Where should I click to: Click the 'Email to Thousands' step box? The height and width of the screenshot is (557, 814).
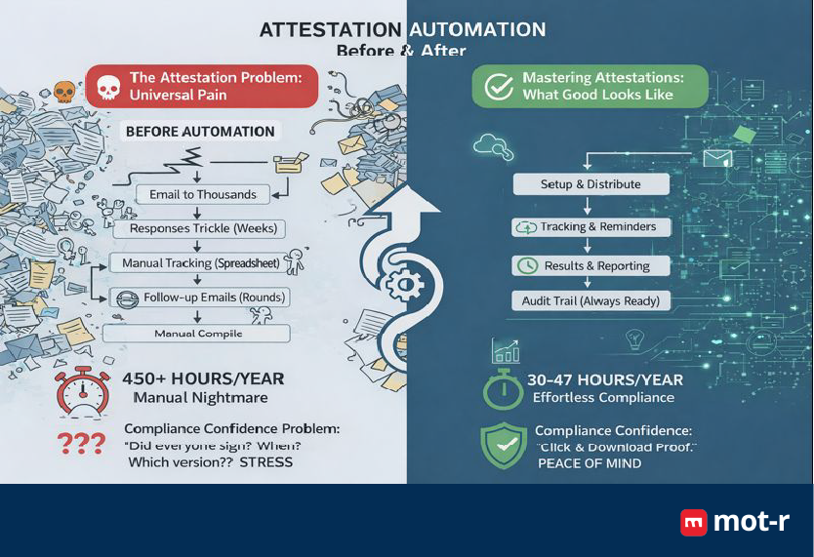pyautogui.click(x=203, y=194)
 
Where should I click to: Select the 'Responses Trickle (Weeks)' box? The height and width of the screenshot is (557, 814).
pyautogui.click(x=203, y=229)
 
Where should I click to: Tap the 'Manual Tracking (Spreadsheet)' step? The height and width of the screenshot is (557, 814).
pyautogui.click(x=201, y=263)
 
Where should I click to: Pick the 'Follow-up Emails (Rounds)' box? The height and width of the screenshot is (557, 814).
pyautogui.click(x=201, y=298)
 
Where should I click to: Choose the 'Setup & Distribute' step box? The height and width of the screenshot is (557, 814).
pyautogui.click(x=590, y=184)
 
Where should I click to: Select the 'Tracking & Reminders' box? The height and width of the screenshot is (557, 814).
pyautogui.click(x=590, y=227)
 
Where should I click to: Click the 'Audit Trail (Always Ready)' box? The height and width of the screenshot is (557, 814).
pyautogui.click(x=591, y=301)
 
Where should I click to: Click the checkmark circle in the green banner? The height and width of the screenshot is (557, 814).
pyautogui.click(x=499, y=87)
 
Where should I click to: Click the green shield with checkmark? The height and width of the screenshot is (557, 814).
pyautogui.click(x=505, y=445)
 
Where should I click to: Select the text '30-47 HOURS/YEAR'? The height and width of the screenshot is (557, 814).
pyautogui.click(x=604, y=379)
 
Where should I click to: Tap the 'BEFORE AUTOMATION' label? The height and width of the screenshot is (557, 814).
pyautogui.click(x=200, y=131)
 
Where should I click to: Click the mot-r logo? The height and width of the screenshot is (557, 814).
pyautogui.click(x=734, y=522)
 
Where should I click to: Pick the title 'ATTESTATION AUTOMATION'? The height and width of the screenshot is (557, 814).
pyautogui.click(x=402, y=29)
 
